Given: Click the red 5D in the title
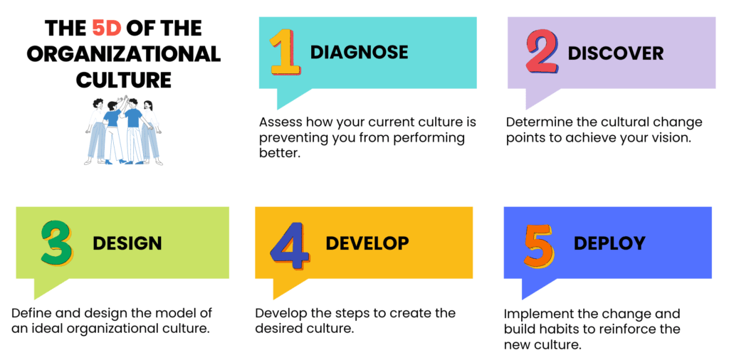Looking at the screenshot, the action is tap(107, 28).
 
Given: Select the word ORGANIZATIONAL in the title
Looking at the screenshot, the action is tap(124, 54).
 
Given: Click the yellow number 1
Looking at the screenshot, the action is tap(284, 52).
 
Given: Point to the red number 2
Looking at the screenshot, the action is tap(542, 53).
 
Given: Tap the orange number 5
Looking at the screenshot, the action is tap(540, 246).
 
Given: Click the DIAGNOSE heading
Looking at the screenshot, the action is tap(359, 52).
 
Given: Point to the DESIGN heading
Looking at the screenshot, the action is tap(127, 243).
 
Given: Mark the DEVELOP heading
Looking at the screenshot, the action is tap(367, 243).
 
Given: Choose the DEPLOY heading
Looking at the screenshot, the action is tap(609, 243).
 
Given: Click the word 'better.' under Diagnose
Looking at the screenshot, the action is tap(280, 153).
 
